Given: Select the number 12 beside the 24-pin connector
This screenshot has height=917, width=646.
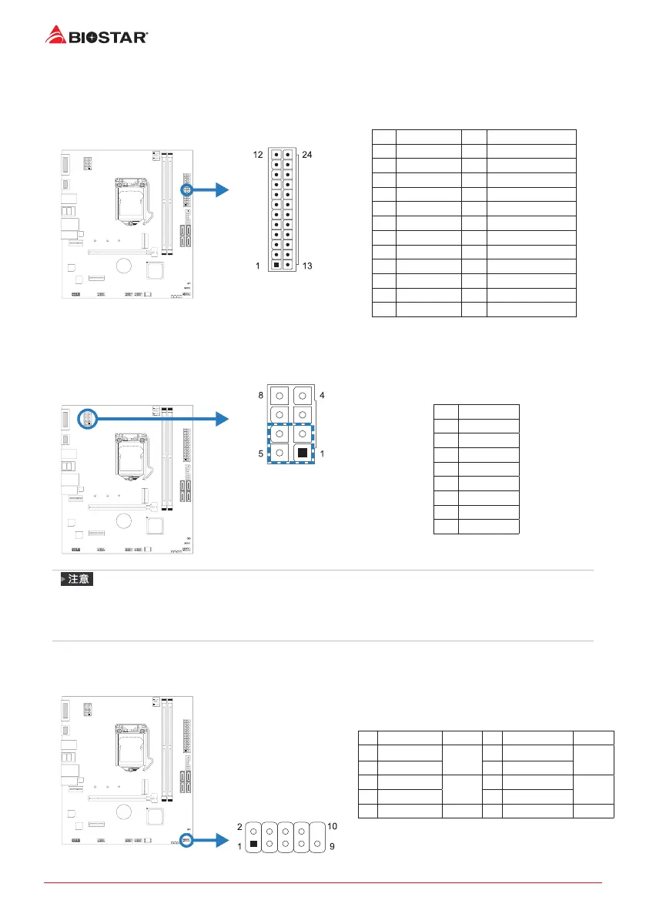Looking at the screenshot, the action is pyautogui.click(x=259, y=155).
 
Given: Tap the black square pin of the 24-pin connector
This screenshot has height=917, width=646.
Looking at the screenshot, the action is pyautogui.click(x=276, y=265).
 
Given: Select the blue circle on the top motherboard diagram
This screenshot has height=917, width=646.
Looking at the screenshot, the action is pyautogui.click(x=186, y=189).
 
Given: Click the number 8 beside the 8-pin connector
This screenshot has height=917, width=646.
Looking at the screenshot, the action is pyautogui.click(x=261, y=395).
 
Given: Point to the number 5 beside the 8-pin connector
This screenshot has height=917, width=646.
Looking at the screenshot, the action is pyautogui.click(x=261, y=453).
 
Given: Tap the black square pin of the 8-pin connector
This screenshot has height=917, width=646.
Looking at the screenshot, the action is pyautogui.click(x=303, y=453).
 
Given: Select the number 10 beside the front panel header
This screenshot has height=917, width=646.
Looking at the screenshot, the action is pyautogui.click(x=333, y=826).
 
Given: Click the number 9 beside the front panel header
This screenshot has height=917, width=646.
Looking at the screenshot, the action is pyautogui.click(x=332, y=845).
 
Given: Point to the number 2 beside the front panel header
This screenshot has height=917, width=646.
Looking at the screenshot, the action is pyautogui.click(x=239, y=826).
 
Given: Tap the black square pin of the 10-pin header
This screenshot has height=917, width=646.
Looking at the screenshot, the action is pyautogui.click(x=254, y=844).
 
